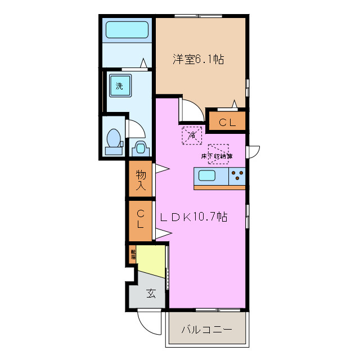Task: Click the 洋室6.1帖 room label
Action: (197, 59)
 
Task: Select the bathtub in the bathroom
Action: (127, 29)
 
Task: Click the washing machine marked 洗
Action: (120, 86)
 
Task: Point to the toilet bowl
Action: (114, 138)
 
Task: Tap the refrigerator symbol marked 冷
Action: (191, 135)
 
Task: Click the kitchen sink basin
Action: (206, 175)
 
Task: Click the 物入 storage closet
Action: (140, 179)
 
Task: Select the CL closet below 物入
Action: (141, 220)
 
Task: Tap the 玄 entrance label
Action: (151, 293)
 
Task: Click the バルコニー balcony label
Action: (206, 329)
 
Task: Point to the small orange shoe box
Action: (133, 254)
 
